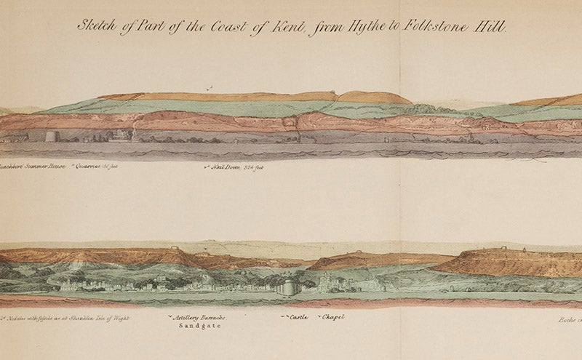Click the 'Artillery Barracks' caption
[x=199, y=319]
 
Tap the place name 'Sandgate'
[x=198, y=327]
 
